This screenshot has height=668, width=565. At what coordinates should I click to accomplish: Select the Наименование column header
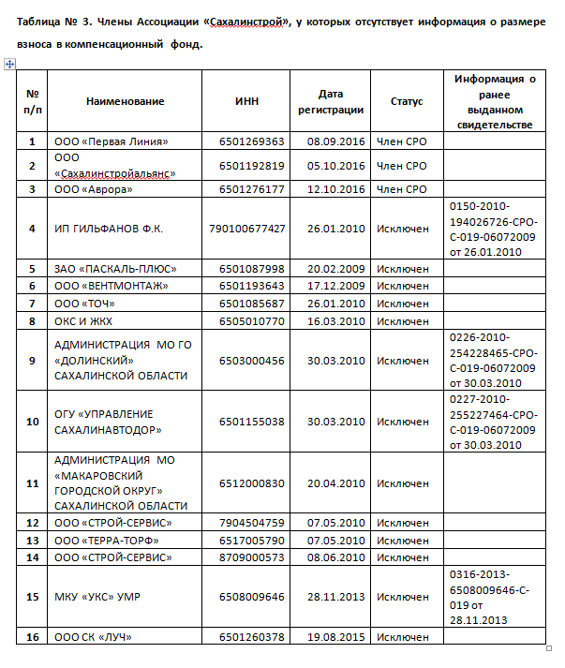pos(125,101)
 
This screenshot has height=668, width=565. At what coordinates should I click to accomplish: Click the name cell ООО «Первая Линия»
pos(112,141)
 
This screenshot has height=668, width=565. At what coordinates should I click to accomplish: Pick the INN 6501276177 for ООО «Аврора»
pos(251,189)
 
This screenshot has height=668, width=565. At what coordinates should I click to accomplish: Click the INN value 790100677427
pos(248,229)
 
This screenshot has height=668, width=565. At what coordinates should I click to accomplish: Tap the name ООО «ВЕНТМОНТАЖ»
pos(116,285)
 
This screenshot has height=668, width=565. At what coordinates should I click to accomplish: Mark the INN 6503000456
pos(251,361)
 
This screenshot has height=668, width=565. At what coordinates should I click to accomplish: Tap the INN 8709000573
pos(251,557)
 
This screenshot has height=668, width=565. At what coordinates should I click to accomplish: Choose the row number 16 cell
pos(32,637)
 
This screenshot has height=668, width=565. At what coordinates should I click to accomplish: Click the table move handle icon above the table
pos(10,64)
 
